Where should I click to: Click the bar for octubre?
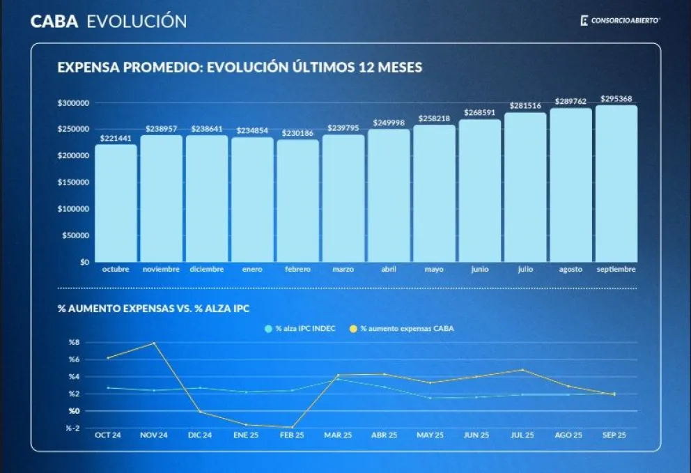(x=116, y=203)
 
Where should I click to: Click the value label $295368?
(x=616, y=99)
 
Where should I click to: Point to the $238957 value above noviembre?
(x=162, y=129)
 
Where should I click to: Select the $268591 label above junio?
(x=479, y=112)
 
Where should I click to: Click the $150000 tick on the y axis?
(x=73, y=183)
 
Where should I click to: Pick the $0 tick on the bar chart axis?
(x=84, y=262)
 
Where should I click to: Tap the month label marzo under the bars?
(x=343, y=269)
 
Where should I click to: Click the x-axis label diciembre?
(x=207, y=269)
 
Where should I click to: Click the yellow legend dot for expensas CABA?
(x=354, y=328)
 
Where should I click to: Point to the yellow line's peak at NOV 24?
(x=154, y=343)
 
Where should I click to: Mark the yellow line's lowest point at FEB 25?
(x=291, y=427)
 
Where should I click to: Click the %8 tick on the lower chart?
(x=74, y=342)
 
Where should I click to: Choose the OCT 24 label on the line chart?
(x=107, y=435)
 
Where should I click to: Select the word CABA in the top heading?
(x=54, y=21)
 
